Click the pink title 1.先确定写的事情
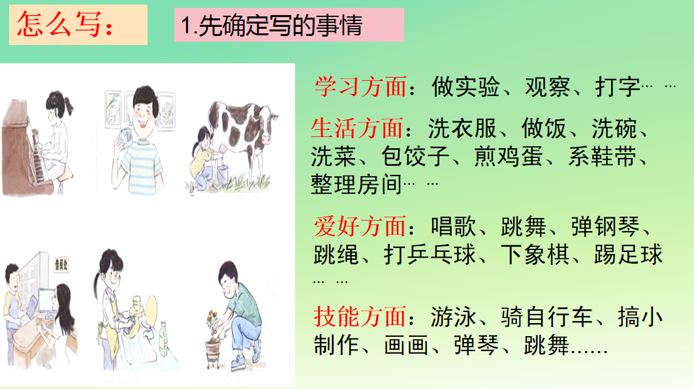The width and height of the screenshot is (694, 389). pyautogui.click(x=272, y=25)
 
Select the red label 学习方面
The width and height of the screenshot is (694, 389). pyautogui.click(x=361, y=86)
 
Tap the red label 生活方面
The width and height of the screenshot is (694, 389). pyautogui.click(x=357, y=129)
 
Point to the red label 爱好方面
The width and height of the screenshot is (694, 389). pyautogui.click(x=360, y=226)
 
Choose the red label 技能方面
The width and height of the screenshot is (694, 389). pyautogui.click(x=360, y=317)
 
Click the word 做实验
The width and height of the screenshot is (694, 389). pyautogui.click(x=466, y=87)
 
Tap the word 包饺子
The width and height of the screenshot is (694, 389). pyautogui.click(x=416, y=157)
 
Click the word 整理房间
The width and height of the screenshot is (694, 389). pyautogui.click(x=356, y=185)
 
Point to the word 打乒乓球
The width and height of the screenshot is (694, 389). pyautogui.click(x=430, y=255)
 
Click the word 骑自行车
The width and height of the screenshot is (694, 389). pyautogui.click(x=546, y=317)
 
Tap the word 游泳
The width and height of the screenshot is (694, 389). pyautogui.click(x=454, y=317)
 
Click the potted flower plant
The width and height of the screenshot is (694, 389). pyautogui.click(x=213, y=341)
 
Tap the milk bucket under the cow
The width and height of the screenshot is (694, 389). pyautogui.click(x=222, y=174)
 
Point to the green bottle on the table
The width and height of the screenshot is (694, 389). pyautogui.click(x=163, y=339)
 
